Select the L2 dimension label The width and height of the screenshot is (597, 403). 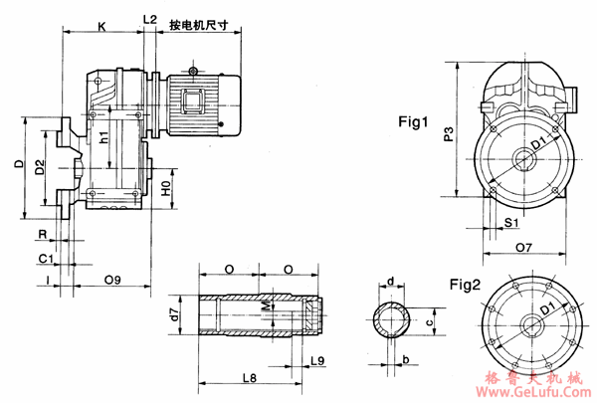149,19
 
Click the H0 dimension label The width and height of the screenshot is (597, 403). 166,185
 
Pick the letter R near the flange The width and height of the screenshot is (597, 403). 41,236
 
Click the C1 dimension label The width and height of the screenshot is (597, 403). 45,258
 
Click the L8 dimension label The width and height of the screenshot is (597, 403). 249,379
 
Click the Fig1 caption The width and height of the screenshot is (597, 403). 412,123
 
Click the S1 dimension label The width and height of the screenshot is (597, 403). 509,223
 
